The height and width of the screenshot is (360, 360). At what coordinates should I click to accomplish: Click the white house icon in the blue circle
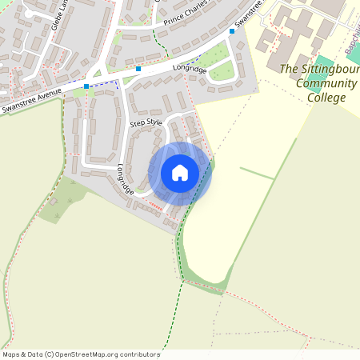click(x=179, y=173)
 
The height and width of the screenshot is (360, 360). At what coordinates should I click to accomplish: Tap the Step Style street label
click(x=146, y=123)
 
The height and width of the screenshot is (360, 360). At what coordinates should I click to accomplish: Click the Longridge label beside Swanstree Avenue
click(x=189, y=70)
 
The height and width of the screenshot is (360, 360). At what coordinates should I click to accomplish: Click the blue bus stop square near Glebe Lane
click(x=86, y=86)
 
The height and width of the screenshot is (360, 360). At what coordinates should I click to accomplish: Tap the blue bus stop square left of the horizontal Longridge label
click(x=138, y=70)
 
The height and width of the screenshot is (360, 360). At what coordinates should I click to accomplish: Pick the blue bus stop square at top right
click(x=232, y=31)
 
